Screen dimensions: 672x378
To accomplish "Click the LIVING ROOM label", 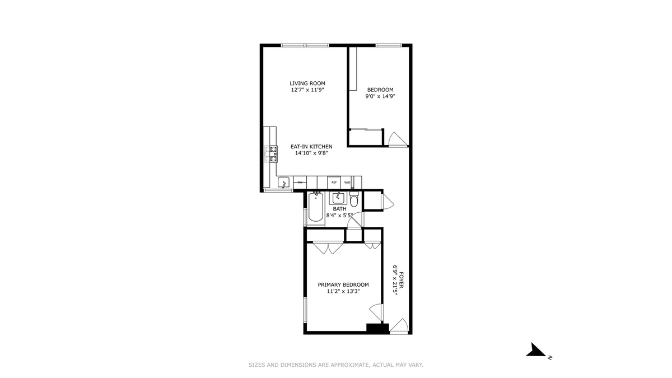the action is (307, 83).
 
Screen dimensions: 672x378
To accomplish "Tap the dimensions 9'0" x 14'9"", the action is (380, 96).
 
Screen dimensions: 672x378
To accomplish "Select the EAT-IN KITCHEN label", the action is (311, 147).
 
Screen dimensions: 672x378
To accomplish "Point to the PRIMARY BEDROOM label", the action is (343, 284).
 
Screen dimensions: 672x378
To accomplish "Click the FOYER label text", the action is (402, 280).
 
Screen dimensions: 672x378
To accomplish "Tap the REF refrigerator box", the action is (334, 183).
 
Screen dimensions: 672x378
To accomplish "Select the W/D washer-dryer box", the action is (347, 183).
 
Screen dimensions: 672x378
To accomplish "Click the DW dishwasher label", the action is (300, 183).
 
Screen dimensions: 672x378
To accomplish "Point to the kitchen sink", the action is (283, 183).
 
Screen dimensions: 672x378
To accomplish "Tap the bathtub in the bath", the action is (315, 207).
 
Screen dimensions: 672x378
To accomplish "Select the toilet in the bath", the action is (354, 199).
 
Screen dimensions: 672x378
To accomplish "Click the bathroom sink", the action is (338, 198).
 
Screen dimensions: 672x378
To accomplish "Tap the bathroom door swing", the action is (355, 221).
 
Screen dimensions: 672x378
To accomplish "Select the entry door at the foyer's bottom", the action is (399, 325).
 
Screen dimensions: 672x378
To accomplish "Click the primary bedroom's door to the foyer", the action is (376, 312).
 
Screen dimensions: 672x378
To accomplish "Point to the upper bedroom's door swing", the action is (398, 139).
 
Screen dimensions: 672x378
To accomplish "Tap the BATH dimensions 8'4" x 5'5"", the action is (340, 215).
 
